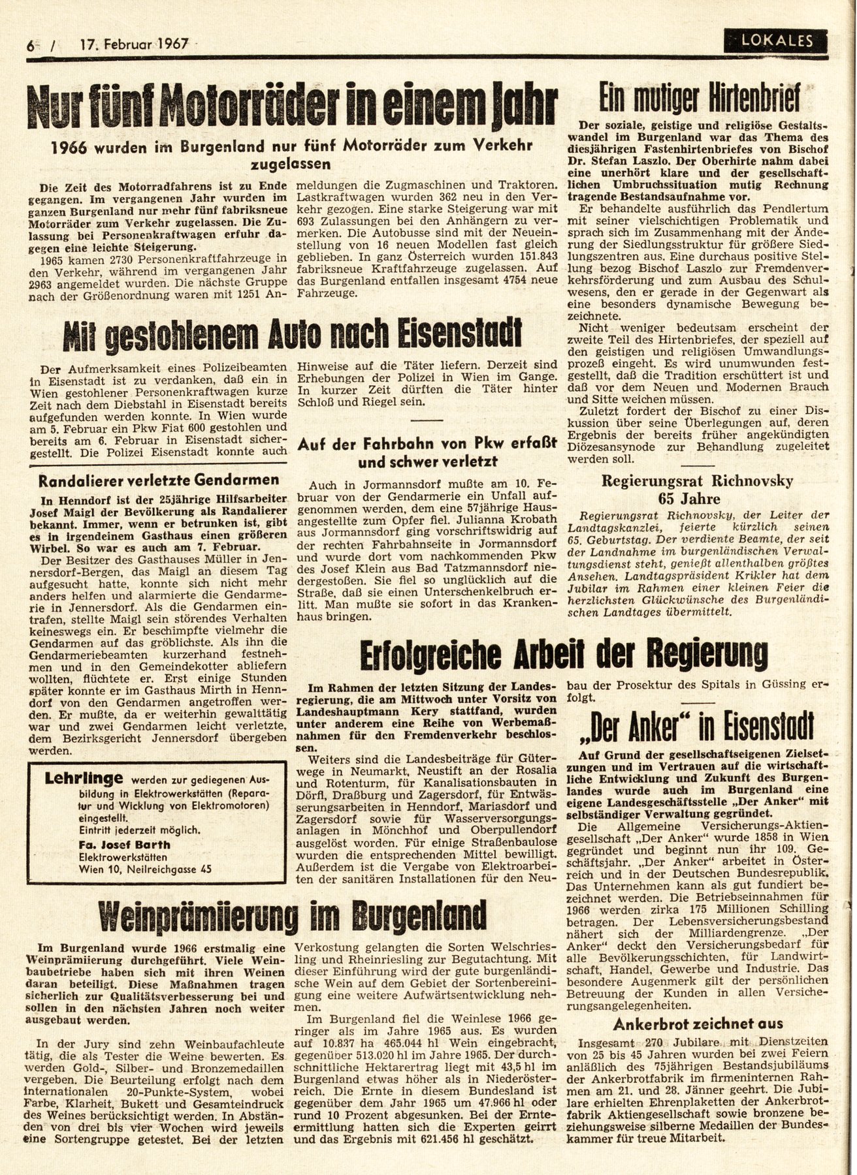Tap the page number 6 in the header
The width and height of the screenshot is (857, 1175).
(x=31, y=46)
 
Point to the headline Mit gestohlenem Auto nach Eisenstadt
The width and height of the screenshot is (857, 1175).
(x=293, y=333)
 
